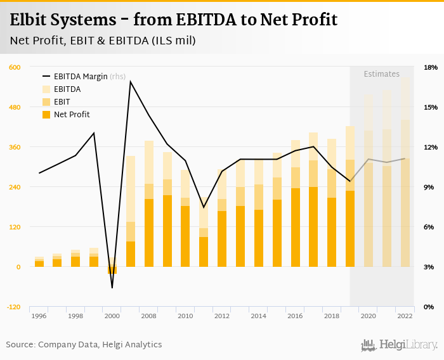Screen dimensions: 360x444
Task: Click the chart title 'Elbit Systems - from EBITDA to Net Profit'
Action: pyautogui.click(x=173, y=20)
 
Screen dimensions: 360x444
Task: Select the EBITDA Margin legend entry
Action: pyautogui.click(x=81, y=77)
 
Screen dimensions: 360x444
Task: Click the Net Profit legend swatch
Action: pyautogui.click(x=46, y=115)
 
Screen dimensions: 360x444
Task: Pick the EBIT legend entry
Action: pyautogui.click(x=62, y=102)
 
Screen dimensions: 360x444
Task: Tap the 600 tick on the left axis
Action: pyautogui.click(x=15, y=67)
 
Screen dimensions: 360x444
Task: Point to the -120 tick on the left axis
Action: pyautogui.click(x=13, y=307)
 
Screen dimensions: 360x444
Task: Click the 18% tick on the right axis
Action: pyautogui.click(x=431, y=67)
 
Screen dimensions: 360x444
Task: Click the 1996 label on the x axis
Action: pyautogui.click(x=39, y=316)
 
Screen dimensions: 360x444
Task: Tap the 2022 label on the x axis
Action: pyautogui.click(x=405, y=316)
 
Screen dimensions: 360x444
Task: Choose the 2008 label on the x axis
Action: pyautogui.click(x=149, y=316)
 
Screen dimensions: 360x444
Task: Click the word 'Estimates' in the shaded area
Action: pyautogui.click(x=381, y=74)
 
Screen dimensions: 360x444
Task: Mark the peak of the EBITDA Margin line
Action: pyautogui.click(x=130, y=81)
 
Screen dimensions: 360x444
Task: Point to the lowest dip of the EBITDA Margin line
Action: pyautogui.click(x=112, y=288)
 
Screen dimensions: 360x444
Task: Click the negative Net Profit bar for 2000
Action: pyautogui.click(x=112, y=271)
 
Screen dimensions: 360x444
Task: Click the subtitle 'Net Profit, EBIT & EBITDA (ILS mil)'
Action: pyautogui.click(x=103, y=41)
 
